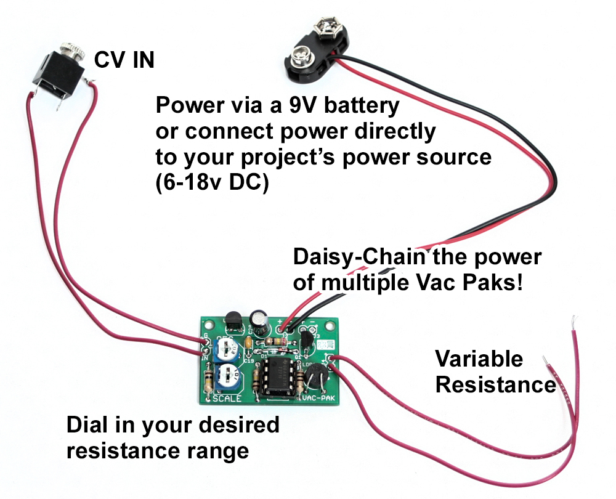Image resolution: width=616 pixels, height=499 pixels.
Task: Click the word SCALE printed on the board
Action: point(226,399)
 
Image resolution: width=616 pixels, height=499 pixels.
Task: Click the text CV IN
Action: point(124,60)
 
